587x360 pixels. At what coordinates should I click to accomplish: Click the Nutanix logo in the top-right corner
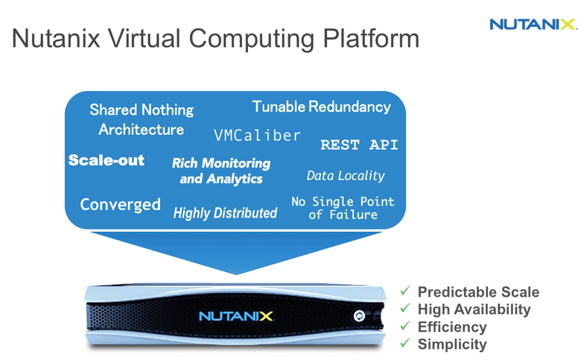pos(533,24)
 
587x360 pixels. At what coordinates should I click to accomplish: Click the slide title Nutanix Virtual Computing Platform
pos(215,39)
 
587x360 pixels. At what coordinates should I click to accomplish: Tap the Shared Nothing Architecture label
pos(141,119)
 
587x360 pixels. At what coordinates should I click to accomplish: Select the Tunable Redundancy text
pos(321,107)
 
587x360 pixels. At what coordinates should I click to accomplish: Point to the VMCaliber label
pos(257,136)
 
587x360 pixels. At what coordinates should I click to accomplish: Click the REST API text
pos(359,145)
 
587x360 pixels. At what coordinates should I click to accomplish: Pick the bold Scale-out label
pos(107,160)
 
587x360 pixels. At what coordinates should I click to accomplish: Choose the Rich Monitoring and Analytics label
pos(221,171)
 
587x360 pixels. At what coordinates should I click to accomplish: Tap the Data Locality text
pos(346,176)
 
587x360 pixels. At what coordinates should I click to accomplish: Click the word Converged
pos(120,204)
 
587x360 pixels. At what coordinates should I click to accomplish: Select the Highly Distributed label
pos(225,213)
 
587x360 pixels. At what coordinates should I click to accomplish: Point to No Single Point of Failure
pos(343,208)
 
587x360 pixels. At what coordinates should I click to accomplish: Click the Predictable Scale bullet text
pos(478,292)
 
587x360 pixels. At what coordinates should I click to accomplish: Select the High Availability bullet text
pos(474,309)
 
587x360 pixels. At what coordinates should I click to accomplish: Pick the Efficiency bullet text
pos(452,326)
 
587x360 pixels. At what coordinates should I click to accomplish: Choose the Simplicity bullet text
pos(452,344)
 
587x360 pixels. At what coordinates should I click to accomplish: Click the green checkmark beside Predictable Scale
pos(404,291)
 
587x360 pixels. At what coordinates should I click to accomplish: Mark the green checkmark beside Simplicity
pos(404,343)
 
